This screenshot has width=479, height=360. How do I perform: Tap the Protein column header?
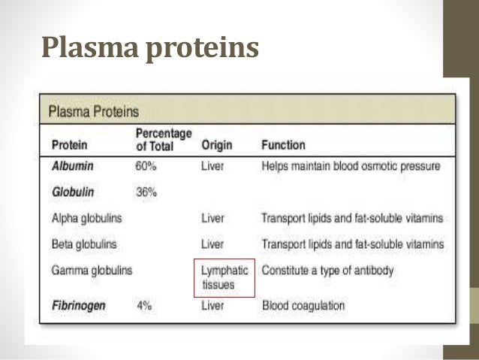[x=68, y=144]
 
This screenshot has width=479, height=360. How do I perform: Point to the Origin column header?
[x=216, y=144]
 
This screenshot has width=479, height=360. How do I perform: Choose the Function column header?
[x=283, y=144]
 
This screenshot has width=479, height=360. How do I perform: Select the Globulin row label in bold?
[x=73, y=192]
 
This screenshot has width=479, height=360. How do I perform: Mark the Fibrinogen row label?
[x=79, y=306]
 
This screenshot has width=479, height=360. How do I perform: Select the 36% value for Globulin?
[x=146, y=192]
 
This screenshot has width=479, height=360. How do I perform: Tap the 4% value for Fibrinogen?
[x=143, y=306]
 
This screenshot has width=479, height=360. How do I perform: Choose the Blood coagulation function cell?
[x=303, y=306]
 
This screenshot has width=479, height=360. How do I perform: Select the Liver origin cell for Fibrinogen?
[x=212, y=306]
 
